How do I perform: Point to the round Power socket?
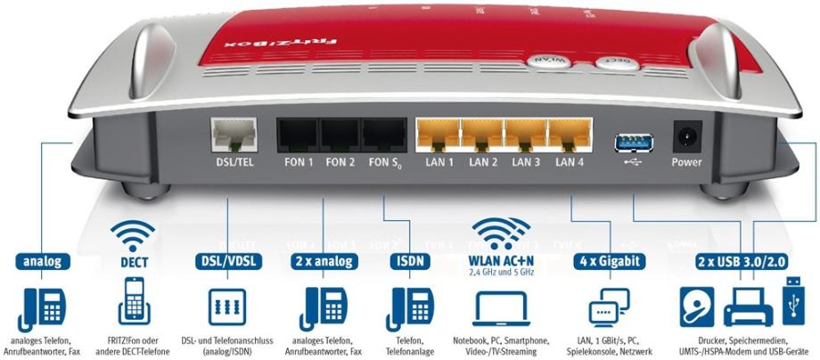pyautogui.click(x=687, y=139)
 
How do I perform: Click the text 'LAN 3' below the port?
pyautogui.click(x=526, y=163)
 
